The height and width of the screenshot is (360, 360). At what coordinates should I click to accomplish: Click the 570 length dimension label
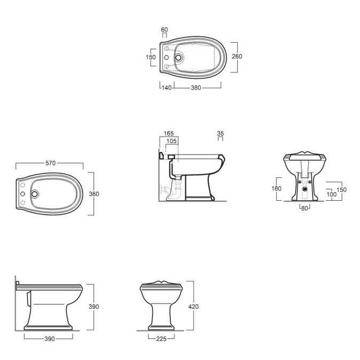click(51, 163)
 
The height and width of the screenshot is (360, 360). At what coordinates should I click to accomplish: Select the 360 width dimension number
click(94, 194)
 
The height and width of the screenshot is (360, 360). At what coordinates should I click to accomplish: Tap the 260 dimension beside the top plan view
click(237, 56)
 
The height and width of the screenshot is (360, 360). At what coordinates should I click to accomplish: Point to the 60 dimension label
click(165, 29)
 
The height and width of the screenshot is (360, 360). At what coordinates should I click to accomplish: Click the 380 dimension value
click(196, 88)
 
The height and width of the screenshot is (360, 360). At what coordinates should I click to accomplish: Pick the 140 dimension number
click(167, 88)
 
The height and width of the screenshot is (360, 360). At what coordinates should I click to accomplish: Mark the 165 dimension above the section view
click(169, 134)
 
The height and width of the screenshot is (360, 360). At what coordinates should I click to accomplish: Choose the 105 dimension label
click(171, 141)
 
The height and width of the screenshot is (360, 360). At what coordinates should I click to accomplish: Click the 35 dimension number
click(220, 134)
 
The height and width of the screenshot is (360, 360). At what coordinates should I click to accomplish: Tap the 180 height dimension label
click(276, 189)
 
